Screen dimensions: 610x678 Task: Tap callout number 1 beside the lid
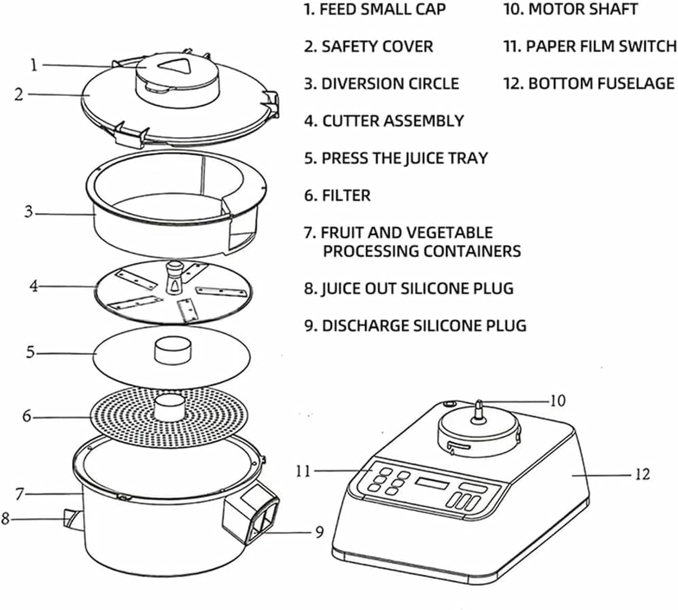(33, 65)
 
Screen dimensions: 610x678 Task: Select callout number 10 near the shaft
(557, 401)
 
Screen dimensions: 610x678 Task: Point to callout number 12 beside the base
(642, 474)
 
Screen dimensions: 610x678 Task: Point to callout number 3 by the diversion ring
(29, 211)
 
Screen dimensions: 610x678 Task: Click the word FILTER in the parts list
(346, 196)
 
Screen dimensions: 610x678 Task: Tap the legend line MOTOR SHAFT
(583, 9)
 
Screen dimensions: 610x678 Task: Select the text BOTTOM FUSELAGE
(601, 84)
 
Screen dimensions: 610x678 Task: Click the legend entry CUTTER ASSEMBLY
(392, 121)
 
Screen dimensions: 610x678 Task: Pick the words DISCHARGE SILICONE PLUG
(424, 326)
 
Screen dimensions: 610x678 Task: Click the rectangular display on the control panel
(432, 483)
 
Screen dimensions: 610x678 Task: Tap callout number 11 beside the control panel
(303, 471)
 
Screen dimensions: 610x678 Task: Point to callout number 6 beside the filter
(27, 416)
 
